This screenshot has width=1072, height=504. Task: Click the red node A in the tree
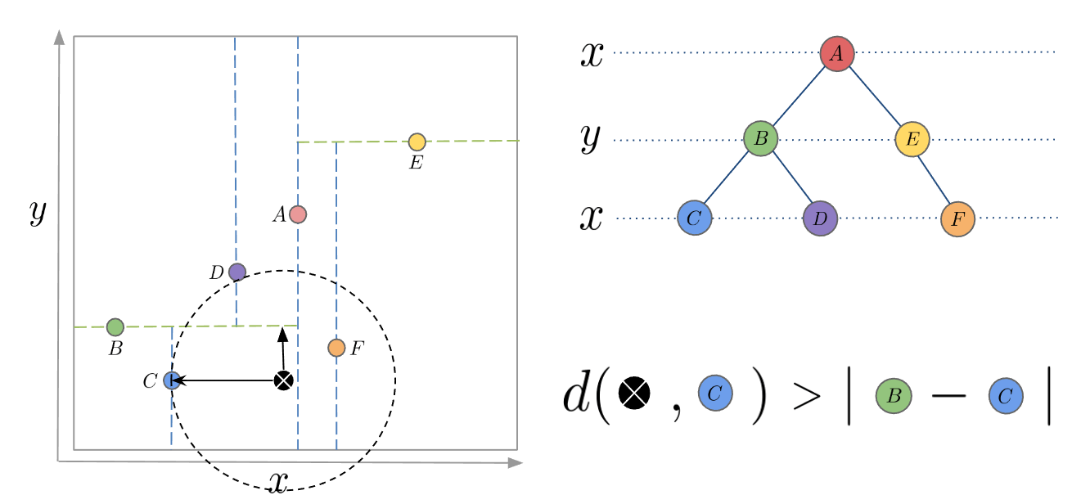837,54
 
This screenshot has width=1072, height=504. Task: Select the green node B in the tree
760,138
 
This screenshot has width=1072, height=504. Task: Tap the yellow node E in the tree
912,139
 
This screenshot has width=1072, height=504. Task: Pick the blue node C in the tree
695,218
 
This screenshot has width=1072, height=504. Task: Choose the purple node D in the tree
820,218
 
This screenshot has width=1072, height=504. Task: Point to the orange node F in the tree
957,218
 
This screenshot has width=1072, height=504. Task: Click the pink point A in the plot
298,214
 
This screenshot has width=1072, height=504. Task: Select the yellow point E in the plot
417,142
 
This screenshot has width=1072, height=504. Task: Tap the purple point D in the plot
236,272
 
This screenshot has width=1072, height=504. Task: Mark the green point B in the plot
115,327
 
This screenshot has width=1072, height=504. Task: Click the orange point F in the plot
336,348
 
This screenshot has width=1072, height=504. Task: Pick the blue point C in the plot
171,380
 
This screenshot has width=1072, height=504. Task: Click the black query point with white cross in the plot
283,380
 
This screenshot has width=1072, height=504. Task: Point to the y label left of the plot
37,213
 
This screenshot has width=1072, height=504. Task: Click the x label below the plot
278,482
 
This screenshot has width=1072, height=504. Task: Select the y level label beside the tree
591,138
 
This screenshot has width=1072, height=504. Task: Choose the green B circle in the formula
894,395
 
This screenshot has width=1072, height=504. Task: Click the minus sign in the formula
949,396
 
